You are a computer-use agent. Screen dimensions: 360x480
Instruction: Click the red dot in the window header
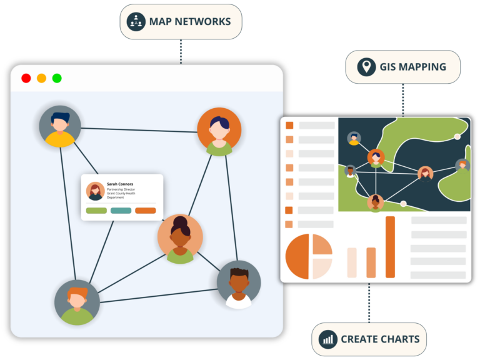[26, 78]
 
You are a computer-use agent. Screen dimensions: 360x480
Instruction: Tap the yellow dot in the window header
[41, 78]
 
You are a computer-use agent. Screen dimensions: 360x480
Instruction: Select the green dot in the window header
[57, 78]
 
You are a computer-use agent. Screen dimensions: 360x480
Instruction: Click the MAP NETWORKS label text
[189, 22]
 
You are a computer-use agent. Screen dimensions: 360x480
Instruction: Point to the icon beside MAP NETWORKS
[136, 22]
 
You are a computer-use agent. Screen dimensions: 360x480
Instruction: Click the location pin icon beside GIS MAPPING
[366, 67]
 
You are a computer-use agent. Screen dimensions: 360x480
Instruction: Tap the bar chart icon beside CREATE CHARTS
[327, 339]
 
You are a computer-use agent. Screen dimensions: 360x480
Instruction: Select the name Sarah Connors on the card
[120, 184]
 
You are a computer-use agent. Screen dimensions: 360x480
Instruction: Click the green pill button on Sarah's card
[96, 211]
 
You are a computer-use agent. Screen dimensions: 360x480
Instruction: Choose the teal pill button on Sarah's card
[121, 211]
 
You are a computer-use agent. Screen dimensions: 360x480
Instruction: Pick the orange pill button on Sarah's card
[146, 211]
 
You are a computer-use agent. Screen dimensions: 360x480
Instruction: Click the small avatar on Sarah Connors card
[95, 191]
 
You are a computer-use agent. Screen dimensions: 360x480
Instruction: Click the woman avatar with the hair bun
[180, 238]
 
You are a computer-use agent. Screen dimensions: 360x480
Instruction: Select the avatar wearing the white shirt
[239, 284]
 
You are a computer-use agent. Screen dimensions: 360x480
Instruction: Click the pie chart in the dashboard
[309, 256]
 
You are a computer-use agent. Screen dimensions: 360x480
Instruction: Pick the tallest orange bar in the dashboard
[390, 247]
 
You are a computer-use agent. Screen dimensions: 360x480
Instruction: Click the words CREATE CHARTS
[380, 339]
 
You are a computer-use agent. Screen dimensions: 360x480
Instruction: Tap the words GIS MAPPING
[412, 67]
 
